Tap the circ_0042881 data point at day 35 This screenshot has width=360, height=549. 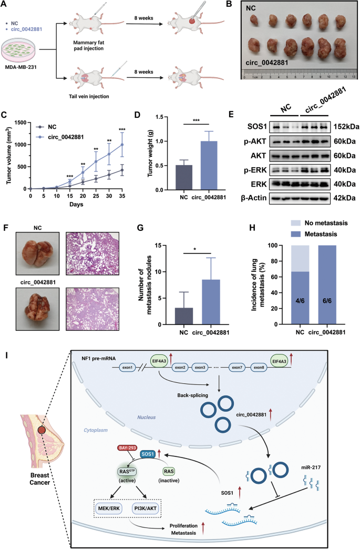(124, 144)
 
